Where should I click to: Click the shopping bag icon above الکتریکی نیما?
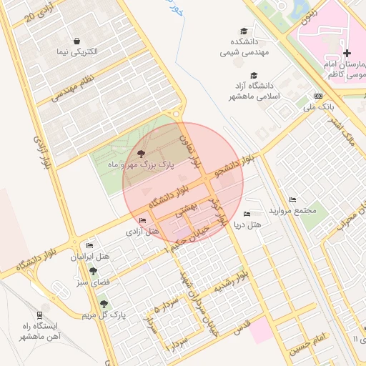coord(76,40)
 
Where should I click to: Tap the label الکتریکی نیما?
coord(76,52)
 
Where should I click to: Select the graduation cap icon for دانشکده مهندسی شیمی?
coord(244,31)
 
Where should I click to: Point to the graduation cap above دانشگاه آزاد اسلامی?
coord(253,75)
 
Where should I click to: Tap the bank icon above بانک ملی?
coord(318,96)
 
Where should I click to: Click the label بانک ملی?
coord(318,107)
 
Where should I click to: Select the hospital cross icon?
coord(347,54)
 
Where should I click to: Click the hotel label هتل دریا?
coord(248,224)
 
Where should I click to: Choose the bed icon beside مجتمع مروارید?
coord(292,199)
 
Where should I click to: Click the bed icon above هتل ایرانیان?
coord(89,245)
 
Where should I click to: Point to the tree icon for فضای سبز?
coord(93,270)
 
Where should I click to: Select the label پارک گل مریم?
coord(103,315)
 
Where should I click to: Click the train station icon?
coord(39,314)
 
